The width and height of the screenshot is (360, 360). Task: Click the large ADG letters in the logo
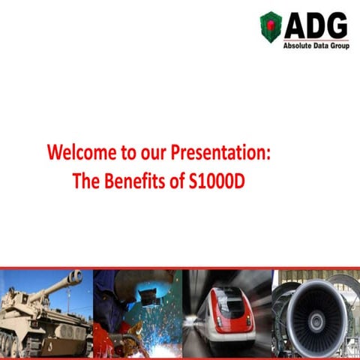(316, 25)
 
